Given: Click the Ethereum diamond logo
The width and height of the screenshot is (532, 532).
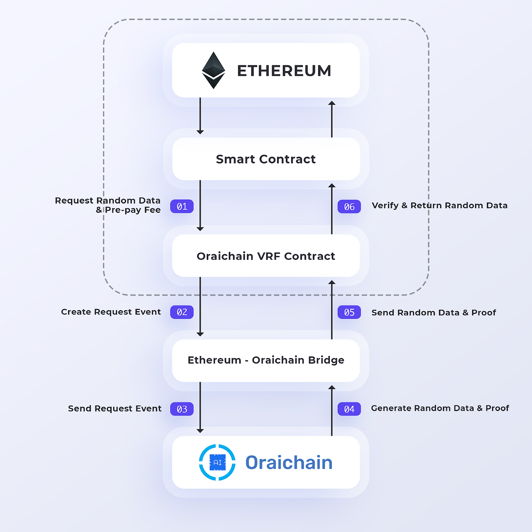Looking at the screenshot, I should coord(213,70).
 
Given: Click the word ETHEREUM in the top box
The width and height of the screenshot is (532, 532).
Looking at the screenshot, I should coord(284,71).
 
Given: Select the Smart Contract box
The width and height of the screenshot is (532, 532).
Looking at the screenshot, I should coord(266,159).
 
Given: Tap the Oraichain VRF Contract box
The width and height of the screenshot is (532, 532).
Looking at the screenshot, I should coord(266,256).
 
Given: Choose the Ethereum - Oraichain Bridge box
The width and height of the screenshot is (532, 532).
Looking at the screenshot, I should coord(266,360).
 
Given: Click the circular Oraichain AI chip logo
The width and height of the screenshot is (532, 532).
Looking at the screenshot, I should coord(217,462).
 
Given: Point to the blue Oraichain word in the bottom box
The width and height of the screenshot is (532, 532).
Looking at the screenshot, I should coord(289,462).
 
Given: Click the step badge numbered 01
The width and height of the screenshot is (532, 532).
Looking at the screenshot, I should coord(182,206).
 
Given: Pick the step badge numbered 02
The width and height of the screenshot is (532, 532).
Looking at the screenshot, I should coord(182,312).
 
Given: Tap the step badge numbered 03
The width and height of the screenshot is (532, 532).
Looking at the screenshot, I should coord(182,409).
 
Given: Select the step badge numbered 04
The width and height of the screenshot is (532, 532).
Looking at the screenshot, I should coord(349,409).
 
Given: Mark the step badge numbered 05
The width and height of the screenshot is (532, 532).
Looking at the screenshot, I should coord(349,312).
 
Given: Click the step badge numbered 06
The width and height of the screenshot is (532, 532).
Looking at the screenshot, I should coord(349,207).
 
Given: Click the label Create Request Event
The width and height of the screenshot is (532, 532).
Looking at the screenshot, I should coord(111,312).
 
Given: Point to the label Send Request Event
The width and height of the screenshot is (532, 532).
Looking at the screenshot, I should coord(115,408).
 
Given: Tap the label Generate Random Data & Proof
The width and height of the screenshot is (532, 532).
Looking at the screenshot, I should coord(440,408).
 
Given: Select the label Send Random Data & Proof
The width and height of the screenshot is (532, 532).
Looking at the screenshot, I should coord(434,312).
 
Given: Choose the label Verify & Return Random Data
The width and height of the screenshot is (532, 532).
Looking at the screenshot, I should coord(440,206).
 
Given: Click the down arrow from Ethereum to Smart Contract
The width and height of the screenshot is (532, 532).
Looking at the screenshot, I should coord(200,116).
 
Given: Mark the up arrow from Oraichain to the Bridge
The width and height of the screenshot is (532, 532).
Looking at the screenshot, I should coord(332,410).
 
